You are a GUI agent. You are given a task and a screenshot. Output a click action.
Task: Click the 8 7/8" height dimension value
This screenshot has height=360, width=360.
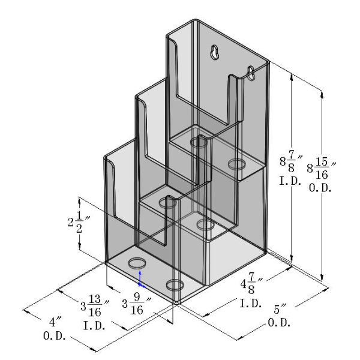point(290,162)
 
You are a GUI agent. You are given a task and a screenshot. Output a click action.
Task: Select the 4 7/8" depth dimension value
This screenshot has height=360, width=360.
point(252,284)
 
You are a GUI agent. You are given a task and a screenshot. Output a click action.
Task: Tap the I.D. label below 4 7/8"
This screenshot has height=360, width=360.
point(251,303)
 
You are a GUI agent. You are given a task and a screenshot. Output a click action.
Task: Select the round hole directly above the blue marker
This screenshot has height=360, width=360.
point(138,263)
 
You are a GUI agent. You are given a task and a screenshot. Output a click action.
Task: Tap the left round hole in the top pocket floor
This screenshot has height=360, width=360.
point(199,142)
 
